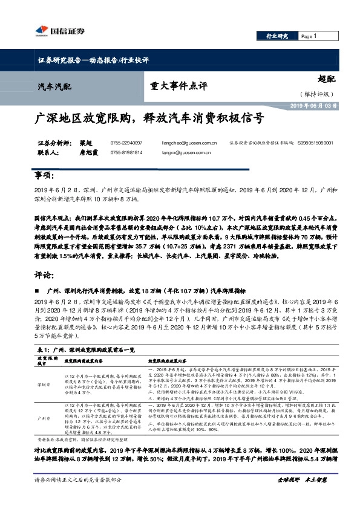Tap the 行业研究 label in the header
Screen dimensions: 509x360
(277, 36)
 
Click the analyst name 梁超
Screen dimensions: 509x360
(88, 143)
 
